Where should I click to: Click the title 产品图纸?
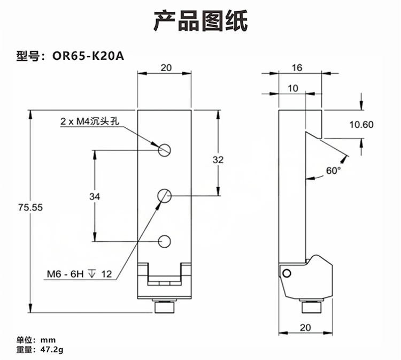coord(200,21)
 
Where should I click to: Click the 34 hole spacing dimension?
coord(94,196)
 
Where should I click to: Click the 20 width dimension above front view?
coord(166,67)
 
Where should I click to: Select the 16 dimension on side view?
coord(297,67)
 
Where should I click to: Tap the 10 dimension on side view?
coord(292,88)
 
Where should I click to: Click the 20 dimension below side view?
coord(305,327)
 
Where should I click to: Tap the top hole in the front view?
coord(165,150)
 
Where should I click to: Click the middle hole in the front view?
coord(165,196)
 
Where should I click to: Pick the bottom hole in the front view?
coord(165,241)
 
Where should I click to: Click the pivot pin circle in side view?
coord(287,273)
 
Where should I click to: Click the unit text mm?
coord(49,340)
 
